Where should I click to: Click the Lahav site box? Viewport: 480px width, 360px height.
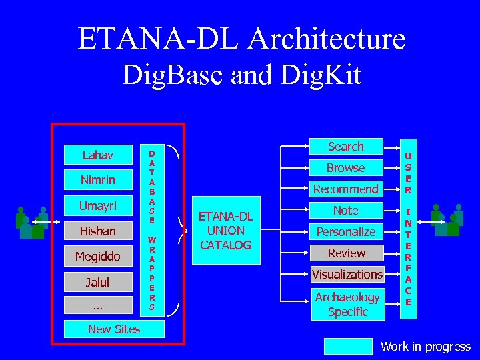pos(97,155)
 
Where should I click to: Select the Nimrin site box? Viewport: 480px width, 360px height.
pos(97,180)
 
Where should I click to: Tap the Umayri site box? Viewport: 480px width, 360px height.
pos(97,206)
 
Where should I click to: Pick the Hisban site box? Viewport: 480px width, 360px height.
pos(97,231)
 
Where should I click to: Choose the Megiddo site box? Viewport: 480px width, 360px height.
pos(97,257)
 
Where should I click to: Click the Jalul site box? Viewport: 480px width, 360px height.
pos(97,282)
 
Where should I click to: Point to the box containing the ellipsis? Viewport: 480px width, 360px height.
pos(97,306)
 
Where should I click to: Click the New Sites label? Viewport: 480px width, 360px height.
pos(114,329)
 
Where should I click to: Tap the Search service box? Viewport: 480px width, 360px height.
pos(346,147)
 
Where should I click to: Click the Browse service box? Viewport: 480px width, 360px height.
pos(346,168)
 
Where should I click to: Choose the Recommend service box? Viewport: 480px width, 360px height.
pos(346,189)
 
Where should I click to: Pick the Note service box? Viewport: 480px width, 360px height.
pos(346,211)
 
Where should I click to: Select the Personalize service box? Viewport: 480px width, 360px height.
pos(346,232)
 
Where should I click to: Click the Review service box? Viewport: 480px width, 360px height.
pos(346,253)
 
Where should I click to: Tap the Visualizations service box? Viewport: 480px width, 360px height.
pos(346,275)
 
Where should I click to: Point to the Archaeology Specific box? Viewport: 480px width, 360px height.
pos(346,304)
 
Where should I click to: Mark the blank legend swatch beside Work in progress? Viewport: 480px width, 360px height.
pos(348,346)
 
